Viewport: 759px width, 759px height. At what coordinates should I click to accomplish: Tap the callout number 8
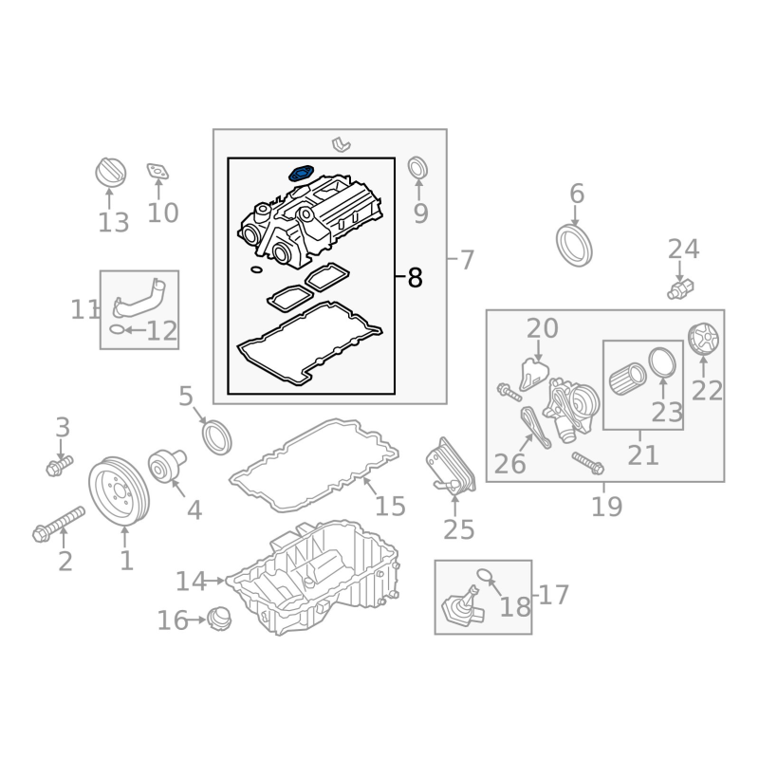pos(415,278)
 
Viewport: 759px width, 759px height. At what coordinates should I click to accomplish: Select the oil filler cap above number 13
pos(111,174)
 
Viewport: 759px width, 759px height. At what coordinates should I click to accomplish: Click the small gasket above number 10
pos(157,172)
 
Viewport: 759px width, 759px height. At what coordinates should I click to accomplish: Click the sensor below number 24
pos(681,287)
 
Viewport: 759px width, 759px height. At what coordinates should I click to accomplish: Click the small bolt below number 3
pos(60,466)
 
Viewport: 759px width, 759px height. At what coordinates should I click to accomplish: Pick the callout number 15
pos(390,506)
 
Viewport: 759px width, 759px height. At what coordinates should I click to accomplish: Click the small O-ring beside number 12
pos(115,330)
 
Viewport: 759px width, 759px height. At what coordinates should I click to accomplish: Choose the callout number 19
pos(606,507)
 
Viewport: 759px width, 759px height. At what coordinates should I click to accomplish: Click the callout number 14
pos(191,581)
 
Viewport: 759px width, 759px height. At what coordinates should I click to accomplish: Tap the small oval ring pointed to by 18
pos(483,573)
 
